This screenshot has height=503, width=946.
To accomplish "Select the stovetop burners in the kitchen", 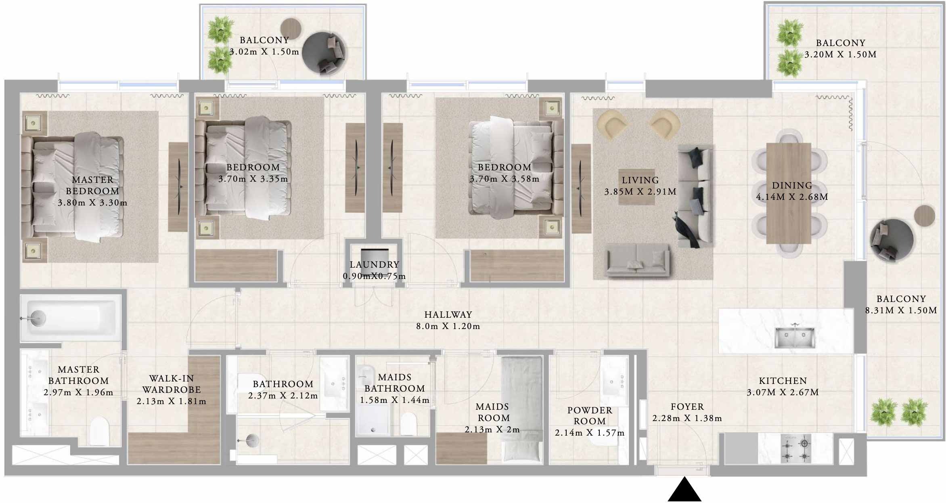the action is (x=795, y=449).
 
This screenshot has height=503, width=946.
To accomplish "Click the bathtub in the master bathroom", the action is (x=71, y=319).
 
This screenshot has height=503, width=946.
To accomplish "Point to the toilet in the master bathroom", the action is (x=99, y=431).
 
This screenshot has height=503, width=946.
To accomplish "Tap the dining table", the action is (x=788, y=193).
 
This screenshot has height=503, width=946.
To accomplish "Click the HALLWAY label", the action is (x=448, y=314).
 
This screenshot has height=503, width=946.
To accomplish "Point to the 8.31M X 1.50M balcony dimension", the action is (x=901, y=310).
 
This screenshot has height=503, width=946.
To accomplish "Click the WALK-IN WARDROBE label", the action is (x=172, y=384).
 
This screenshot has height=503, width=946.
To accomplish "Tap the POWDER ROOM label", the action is (x=590, y=416).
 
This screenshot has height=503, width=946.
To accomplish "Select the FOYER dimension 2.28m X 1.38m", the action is (x=687, y=418).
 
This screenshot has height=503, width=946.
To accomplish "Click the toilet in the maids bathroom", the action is (x=408, y=423).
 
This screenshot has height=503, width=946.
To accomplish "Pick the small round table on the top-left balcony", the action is (x=291, y=29).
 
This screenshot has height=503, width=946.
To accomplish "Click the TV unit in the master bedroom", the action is (x=178, y=187).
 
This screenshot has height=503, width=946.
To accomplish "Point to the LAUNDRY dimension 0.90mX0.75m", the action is (x=374, y=277).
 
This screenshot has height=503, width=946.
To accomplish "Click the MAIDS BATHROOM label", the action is (x=394, y=383).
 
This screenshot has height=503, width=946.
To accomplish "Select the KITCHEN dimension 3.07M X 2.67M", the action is (x=783, y=392).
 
